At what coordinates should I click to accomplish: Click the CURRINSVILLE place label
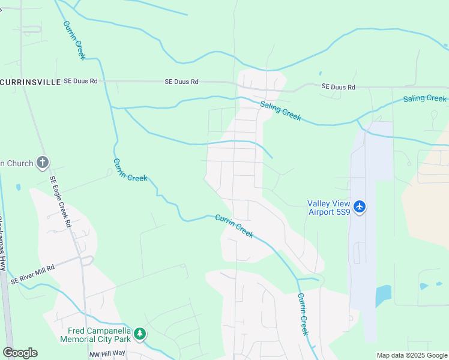[30, 82]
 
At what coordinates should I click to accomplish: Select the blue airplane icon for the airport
[360, 207]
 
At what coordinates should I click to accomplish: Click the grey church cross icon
[43, 162]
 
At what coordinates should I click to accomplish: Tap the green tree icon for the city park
[140, 334]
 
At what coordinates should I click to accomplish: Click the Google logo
[20, 353]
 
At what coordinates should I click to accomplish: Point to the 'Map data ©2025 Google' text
[411, 355]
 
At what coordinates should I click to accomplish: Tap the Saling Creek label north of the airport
[424, 98]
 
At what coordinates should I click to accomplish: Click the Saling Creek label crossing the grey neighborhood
[280, 111]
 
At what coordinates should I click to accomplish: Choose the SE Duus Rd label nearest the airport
[339, 87]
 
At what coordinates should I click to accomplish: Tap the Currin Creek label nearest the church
[130, 170]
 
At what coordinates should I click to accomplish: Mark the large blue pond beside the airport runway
[383, 296]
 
